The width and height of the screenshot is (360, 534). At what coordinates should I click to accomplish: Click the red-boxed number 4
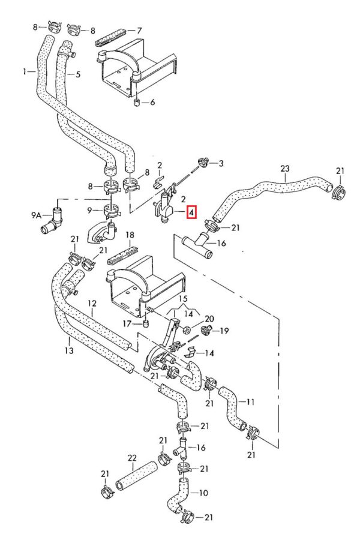coord(191,212)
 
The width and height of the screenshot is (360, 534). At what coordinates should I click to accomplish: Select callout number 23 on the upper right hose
coord(284,169)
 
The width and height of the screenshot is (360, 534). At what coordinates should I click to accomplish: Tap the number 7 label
coord(139,30)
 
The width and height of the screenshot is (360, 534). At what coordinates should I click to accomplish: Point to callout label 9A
coord(36,214)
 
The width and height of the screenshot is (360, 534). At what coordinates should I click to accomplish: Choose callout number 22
coord(133,458)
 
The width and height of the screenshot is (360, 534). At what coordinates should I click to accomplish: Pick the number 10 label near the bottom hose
coord(203,493)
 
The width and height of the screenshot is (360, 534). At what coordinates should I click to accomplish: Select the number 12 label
coord(92,304)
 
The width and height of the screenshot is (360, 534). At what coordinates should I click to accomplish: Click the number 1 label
coord(25,71)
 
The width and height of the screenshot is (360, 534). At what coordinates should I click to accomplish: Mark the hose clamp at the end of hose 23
coord(336,192)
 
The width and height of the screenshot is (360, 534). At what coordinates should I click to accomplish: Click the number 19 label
coord(224,330)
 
